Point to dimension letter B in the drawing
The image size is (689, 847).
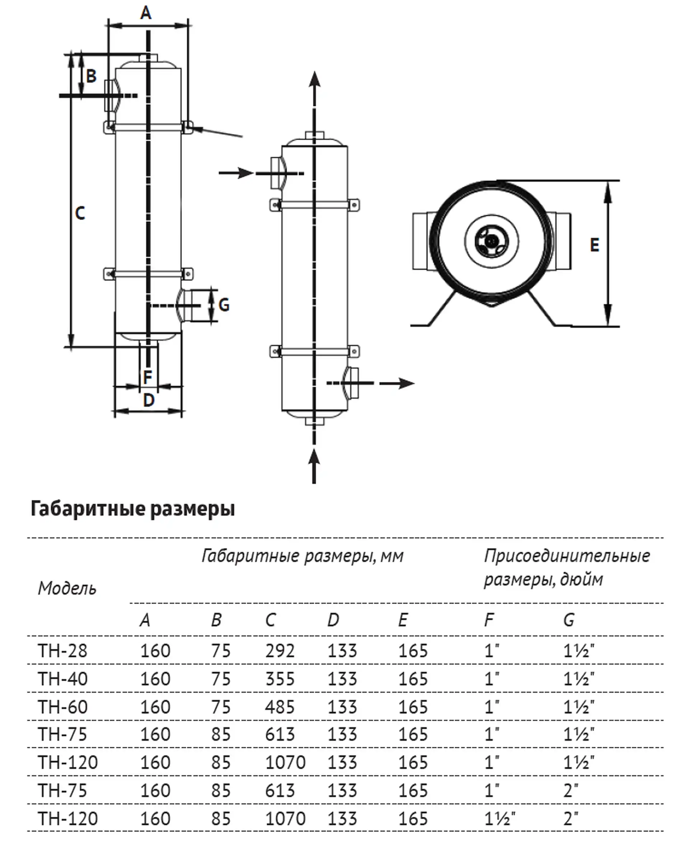coord(91,76)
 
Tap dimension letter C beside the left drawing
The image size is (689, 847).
coord(80,214)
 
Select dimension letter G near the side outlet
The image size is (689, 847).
coord(224,305)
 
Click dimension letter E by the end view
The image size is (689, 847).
coord(594,245)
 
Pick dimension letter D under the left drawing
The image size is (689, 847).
coord(149,400)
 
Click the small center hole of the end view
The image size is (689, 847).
coord(491,240)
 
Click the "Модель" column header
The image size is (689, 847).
coord(67,589)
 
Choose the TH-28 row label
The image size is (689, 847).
coord(62,651)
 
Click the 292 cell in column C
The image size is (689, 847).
coord(280,651)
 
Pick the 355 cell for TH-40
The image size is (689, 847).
coord(280,679)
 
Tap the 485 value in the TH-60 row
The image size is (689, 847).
coord(280,707)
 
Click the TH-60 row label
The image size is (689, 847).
coord(62,707)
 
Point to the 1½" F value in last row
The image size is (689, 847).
coord(499,819)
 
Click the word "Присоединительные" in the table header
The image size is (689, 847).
coord(567,556)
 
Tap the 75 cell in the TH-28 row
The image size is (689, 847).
coord(221,651)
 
